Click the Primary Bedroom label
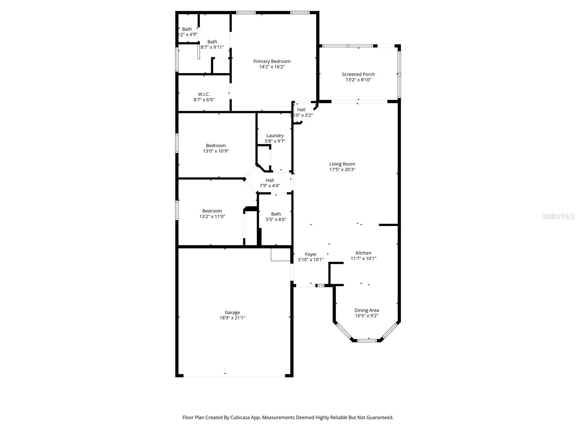click(272, 61)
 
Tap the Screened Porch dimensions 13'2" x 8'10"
click(358, 80)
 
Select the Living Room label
click(342, 164)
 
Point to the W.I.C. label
click(204, 94)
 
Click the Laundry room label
click(275, 136)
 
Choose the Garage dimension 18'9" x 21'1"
click(232, 318)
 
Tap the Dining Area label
click(366, 310)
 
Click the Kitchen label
click(363, 253)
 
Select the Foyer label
click(311, 254)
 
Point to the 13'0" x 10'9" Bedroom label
click(216, 146)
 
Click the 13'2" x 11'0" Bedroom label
click(212, 211)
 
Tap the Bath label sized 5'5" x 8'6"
click(276, 214)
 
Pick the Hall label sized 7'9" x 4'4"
click(270, 180)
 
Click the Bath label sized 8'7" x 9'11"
click(212, 42)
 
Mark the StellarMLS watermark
click(558, 216)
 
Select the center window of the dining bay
click(367, 340)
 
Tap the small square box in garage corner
click(280, 255)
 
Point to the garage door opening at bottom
click(234, 377)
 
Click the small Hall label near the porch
click(301, 110)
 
